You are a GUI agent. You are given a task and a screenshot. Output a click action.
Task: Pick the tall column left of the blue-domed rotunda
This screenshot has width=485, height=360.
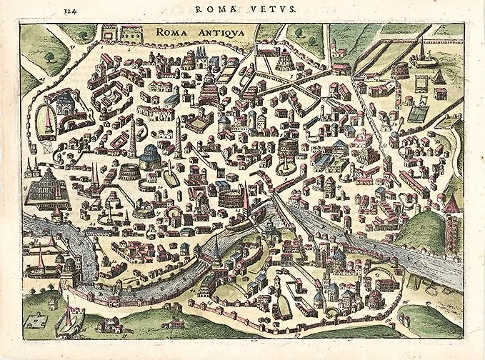click(x=132, y=139)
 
